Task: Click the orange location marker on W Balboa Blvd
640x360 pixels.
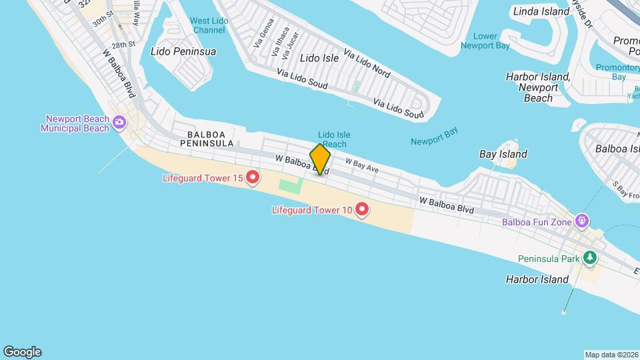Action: (320, 159)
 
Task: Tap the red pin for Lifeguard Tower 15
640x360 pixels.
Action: (253, 177)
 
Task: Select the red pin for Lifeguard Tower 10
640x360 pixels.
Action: (362, 210)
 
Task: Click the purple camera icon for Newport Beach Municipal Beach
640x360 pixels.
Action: (119, 121)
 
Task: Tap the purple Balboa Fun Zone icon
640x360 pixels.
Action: (582, 219)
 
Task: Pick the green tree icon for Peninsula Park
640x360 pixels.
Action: (589, 257)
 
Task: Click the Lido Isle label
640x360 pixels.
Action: (319, 58)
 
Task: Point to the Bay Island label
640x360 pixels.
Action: (503, 154)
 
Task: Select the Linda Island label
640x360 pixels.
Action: (540, 11)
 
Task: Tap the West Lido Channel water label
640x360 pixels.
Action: (209, 25)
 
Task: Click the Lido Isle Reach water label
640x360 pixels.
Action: (334, 139)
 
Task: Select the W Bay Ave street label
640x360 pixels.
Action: (362, 165)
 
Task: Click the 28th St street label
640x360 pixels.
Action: (123, 45)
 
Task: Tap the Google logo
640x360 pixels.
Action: (22, 352)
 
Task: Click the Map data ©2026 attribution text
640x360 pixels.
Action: (611, 355)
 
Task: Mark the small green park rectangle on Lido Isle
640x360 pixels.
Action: (357, 87)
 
